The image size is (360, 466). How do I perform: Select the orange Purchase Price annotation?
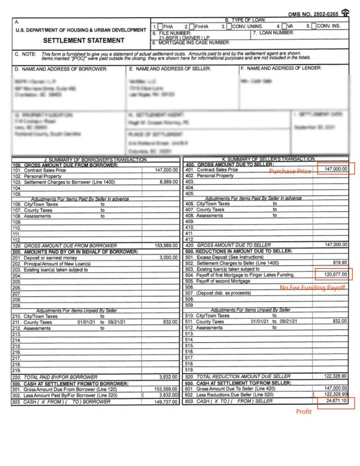click(x=290, y=172)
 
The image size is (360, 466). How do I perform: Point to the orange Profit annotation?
click(x=303, y=412)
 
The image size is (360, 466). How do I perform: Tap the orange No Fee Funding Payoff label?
click(x=312, y=287)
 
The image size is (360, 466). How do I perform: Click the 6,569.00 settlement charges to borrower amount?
click(x=169, y=182)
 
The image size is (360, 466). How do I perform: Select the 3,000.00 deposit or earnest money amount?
click(x=169, y=258)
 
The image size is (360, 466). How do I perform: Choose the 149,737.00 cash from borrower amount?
click(x=166, y=402)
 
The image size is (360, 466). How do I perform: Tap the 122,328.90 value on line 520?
click(x=335, y=376)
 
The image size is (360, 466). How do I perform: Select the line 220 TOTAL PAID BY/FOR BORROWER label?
click(x=60, y=377)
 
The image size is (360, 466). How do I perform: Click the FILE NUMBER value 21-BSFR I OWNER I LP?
click(x=177, y=38)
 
